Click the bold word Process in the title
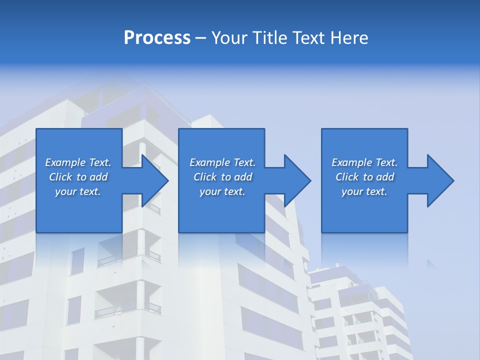pyautogui.click(x=157, y=38)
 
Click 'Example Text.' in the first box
pyautogui.click(x=78, y=162)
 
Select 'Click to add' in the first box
pyautogui.click(x=78, y=177)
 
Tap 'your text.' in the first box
pyautogui.click(x=78, y=191)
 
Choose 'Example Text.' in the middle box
pyautogui.click(x=222, y=162)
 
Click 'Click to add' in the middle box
pyautogui.click(x=222, y=177)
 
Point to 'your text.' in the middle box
pyautogui.click(x=222, y=191)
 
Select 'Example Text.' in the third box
pyautogui.click(x=364, y=162)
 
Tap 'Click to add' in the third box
pyautogui.click(x=364, y=177)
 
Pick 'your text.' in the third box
pyautogui.click(x=364, y=191)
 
